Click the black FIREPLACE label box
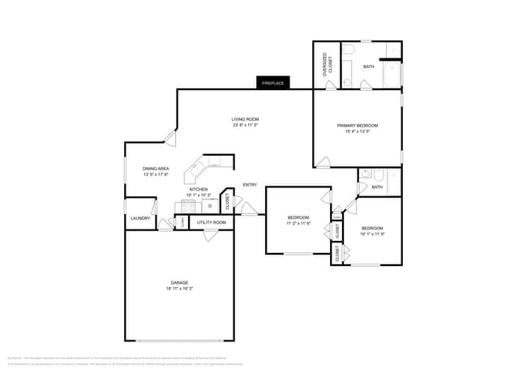[272, 83]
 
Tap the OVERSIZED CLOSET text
[328, 65]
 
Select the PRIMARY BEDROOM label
[358, 126]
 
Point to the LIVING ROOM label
[245, 119]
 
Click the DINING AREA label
[156, 169]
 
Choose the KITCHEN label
[199, 189]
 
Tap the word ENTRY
[250, 185]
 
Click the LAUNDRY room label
[139, 218]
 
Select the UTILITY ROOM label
[211, 221]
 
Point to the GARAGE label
[179, 282]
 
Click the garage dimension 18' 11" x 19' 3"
[179, 289]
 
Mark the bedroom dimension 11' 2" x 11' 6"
[298, 224]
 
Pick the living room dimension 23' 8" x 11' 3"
[245, 126]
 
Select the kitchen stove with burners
[209, 205]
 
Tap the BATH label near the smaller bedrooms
[377, 187]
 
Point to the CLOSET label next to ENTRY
[228, 203]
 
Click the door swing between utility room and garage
[210, 235]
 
